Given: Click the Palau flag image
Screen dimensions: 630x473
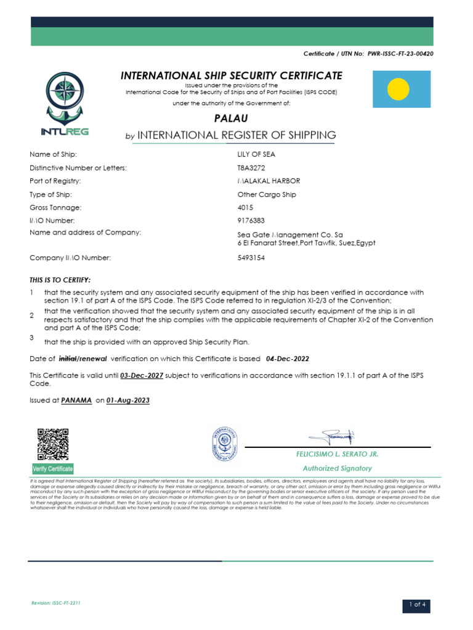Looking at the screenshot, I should pyautogui.click(x=401, y=89).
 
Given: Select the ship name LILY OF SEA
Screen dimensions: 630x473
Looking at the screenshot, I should pyautogui.click(x=256, y=154).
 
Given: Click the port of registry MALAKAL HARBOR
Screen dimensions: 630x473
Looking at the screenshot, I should pyautogui.click(x=269, y=181).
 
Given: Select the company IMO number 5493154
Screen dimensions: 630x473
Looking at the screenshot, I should pyautogui.click(x=251, y=258).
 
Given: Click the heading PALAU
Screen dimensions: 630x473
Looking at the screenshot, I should pyautogui.click(x=231, y=118).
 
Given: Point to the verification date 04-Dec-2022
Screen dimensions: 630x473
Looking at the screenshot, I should pyautogui.click(x=287, y=359).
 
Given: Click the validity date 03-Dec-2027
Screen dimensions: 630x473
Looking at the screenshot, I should pyautogui.click(x=142, y=375).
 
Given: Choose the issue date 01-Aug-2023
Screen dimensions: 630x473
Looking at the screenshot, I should pyautogui.click(x=127, y=401).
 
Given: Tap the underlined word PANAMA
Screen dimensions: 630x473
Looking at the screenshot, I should pyautogui.click(x=76, y=401).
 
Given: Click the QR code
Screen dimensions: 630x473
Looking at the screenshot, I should pyautogui.click(x=52, y=444).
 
